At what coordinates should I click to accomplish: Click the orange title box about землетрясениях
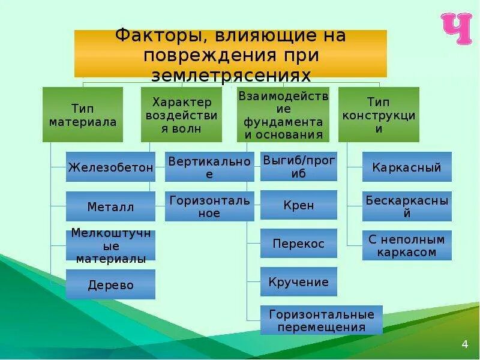click(230, 54)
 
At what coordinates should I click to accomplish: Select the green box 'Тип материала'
click(83, 115)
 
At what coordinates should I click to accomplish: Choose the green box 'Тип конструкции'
click(379, 115)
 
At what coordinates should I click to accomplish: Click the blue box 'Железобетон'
click(110, 167)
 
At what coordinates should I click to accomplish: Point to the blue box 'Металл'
click(110, 206)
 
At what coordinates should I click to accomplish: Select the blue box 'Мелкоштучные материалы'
click(110, 245)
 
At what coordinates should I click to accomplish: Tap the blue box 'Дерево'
click(110, 284)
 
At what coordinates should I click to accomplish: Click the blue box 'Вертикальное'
click(209, 167)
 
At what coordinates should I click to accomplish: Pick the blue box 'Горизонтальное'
click(209, 206)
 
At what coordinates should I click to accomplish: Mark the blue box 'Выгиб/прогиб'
click(299, 167)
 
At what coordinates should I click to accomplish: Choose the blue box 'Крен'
click(299, 205)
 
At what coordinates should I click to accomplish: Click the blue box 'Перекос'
click(299, 244)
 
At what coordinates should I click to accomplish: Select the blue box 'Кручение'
click(299, 282)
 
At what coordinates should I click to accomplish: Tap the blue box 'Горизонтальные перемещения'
click(321, 320)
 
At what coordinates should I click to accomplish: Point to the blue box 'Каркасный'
click(407, 167)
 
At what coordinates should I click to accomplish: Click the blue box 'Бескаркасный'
click(407, 206)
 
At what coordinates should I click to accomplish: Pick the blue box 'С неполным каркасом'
click(407, 245)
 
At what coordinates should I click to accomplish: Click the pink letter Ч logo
click(457, 29)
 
